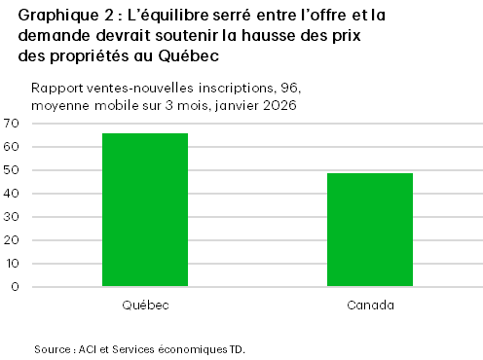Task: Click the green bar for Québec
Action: click(145, 210)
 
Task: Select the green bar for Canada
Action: click(369, 230)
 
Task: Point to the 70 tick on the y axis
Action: click(12, 124)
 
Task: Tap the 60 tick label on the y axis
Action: click(12, 147)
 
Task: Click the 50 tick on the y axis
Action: click(12, 170)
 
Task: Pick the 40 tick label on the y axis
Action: click(12, 194)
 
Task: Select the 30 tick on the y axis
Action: click(12, 217)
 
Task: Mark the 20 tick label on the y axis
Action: click(12, 240)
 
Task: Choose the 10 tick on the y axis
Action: click(12, 264)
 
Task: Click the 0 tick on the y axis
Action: click(16, 287)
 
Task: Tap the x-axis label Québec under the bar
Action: click(145, 306)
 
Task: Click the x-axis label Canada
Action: click(370, 306)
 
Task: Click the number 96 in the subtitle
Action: click(270, 87)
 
